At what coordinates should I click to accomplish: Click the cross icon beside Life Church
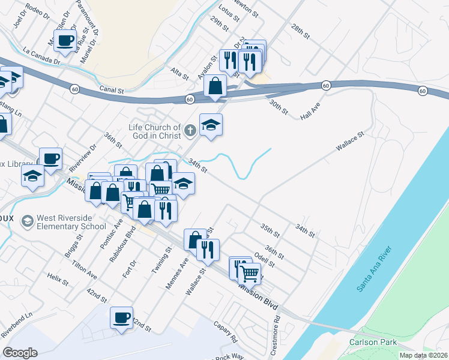(190, 130)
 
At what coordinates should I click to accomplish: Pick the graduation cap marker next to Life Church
(211, 125)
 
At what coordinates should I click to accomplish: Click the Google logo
(20, 353)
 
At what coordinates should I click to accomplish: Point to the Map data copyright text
(424, 355)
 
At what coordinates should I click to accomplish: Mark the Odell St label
(264, 260)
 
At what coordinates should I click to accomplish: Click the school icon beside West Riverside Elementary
(27, 222)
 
